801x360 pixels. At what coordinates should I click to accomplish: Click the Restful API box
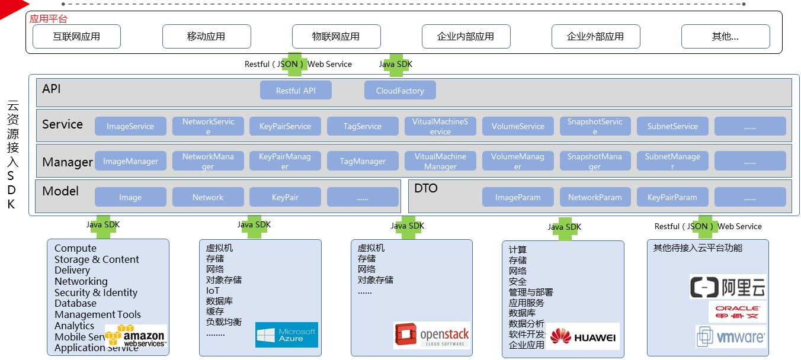point(296,91)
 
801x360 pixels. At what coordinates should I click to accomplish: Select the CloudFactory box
point(400,91)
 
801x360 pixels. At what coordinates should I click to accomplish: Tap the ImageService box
point(130,126)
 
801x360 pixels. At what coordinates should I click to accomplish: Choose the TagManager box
point(363,161)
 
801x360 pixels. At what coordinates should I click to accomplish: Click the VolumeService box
point(518,126)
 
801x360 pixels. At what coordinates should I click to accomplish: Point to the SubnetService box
point(672,126)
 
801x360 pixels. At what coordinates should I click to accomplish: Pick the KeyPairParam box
point(672,197)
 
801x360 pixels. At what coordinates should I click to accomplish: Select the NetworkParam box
point(595,197)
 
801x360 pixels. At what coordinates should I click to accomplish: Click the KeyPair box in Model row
point(285,197)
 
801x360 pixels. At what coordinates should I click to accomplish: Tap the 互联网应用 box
point(76,36)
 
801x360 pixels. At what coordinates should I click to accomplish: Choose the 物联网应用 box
point(336,36)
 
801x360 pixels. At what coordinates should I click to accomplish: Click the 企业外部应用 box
point(595,36)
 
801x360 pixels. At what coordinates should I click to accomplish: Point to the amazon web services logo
point(136,336)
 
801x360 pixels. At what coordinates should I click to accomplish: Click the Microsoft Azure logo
point(287,335)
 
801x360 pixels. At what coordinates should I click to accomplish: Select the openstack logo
point(432,335)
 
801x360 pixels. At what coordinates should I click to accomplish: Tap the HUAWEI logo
point(583,337)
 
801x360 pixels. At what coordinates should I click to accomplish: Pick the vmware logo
point(731,337)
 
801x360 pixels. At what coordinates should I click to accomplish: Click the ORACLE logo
point(737,312)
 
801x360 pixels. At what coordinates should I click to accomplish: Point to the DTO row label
point(426,188)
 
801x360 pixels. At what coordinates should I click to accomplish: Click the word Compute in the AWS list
point(75,248)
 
